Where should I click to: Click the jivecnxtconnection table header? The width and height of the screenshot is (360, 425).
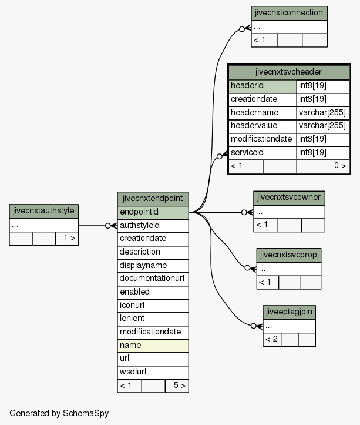289,14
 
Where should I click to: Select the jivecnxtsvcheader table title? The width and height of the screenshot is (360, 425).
289,72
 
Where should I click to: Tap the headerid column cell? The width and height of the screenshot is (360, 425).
263,86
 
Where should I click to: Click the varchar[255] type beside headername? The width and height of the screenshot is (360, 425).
322,113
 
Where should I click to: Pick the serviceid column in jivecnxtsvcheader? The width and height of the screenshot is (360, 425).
263,153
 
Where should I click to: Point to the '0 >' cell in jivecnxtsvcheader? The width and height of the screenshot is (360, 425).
322,166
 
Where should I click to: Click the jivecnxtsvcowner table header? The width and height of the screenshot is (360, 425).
289,198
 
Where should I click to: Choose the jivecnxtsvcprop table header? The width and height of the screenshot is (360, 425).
289,255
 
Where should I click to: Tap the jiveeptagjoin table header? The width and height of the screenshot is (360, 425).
289,313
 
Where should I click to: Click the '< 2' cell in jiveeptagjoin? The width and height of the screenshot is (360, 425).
272,340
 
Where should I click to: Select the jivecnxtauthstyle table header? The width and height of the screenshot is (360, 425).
43,212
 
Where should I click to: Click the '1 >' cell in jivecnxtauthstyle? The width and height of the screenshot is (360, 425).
67,239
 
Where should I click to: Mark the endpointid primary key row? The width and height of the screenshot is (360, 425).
153,213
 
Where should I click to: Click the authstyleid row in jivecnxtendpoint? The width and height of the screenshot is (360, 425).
153,226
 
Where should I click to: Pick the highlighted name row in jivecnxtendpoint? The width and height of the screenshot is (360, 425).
153,346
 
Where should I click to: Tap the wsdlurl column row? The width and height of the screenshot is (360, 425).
153,373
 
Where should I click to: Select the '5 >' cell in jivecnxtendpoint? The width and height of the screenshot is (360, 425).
177,386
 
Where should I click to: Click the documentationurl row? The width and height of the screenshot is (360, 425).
153,279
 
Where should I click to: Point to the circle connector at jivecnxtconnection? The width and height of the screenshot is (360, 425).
242,29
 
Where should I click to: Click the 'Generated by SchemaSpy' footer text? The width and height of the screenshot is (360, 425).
59,413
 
